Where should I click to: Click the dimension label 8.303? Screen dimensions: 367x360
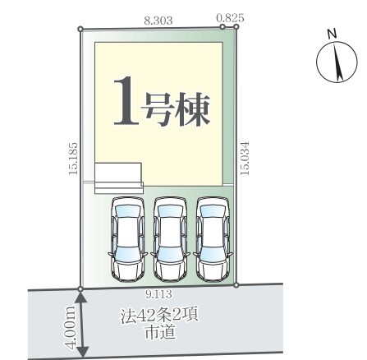(x=158, y=21)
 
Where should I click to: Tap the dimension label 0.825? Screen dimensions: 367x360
(x=230, y=18)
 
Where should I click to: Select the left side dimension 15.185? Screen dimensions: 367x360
(x=73, y=159)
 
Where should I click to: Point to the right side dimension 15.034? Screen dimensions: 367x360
(x=244, y=158)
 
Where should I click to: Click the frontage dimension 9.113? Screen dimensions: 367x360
(x=158, y=294)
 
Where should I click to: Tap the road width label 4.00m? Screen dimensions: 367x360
(x=71, y=327)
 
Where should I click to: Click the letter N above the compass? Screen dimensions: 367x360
(x=332, y=34)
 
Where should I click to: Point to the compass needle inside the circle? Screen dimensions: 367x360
(x=337, y=62)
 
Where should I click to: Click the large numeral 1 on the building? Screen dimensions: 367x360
(x=126, y=101)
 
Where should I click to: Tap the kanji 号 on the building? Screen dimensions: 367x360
(x=158, y=109)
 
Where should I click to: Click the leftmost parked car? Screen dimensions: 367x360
(x=128, y=238)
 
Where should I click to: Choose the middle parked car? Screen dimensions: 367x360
(x=170, y=238)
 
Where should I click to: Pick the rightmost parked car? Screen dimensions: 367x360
(x=213, y=238)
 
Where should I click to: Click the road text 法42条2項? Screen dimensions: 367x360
(x=159, y=316)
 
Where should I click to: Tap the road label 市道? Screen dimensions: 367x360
(x=160, y=332)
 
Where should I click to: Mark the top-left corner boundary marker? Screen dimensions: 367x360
(x=80, y=29)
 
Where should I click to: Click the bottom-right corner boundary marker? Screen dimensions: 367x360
(x=236, y=285)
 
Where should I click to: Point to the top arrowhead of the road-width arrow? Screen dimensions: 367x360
(x=81, y=297)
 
